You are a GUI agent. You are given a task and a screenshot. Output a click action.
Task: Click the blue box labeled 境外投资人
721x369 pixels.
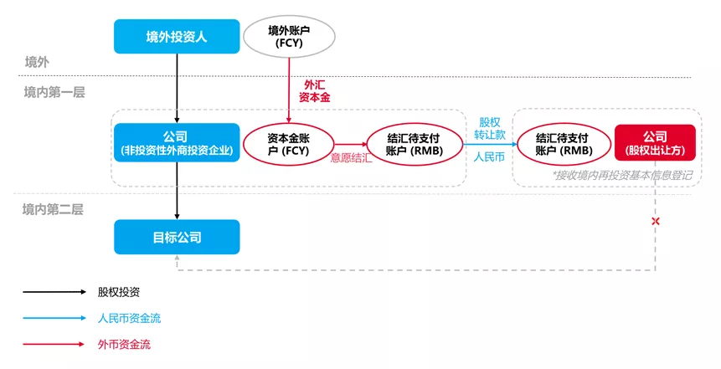(177, 36)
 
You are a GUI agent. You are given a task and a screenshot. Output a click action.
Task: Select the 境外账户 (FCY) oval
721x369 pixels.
(288, 36)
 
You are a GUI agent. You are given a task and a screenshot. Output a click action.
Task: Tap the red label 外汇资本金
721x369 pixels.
(315, 91)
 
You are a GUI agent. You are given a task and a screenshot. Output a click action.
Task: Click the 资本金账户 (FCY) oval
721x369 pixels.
(288, 143)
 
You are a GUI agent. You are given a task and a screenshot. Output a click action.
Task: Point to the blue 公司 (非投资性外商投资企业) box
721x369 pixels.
(176, 142)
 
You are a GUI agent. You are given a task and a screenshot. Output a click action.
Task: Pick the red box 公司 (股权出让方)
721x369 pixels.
(655, 143)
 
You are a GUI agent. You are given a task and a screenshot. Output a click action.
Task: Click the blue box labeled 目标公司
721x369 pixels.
(177, 238)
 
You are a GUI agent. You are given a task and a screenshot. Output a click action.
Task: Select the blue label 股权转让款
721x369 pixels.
(490, 128)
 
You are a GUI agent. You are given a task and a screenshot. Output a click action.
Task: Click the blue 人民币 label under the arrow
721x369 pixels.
(489, 156)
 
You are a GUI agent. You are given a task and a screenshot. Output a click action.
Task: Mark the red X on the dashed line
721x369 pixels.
(656, 221)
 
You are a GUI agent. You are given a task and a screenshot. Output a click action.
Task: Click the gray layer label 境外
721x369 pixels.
(37, 62)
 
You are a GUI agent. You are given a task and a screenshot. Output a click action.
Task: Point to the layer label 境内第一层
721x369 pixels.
(54, 92)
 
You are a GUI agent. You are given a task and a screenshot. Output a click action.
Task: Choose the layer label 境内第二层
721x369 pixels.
(53, 210)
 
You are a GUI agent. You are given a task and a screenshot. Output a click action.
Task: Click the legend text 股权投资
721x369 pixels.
(119, 292)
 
